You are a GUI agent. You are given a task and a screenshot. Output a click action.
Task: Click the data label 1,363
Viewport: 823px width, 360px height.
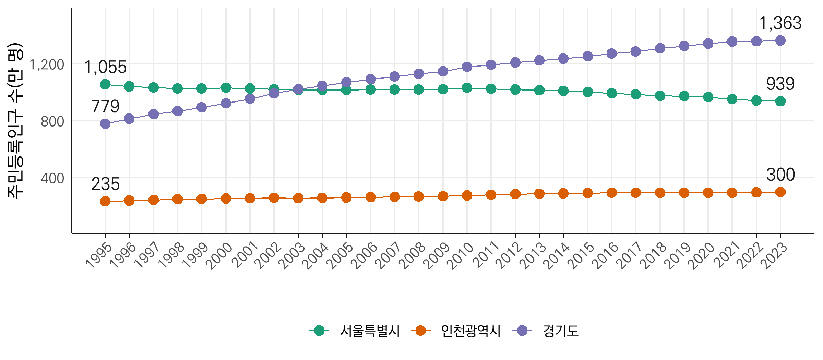pos(780,24)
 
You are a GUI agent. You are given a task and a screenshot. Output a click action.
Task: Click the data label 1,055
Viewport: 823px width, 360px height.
pos(105,67)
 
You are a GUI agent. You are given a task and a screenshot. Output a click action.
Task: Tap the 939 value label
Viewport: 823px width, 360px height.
pos(780,84)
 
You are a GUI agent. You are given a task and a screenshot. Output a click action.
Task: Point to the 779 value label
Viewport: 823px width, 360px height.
pos(105,106)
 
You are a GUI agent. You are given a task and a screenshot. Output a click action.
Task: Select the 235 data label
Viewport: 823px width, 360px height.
pos(105,184)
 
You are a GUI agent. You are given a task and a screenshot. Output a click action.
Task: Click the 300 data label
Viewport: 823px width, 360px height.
pos(780,175)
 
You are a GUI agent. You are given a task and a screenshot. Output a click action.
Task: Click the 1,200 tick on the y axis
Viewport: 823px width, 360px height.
pos(47,64)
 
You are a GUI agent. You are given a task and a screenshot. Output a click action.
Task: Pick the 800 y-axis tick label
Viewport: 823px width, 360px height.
pos(52,121)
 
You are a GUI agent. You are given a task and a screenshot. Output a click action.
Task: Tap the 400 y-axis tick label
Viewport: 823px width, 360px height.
pos(52,178)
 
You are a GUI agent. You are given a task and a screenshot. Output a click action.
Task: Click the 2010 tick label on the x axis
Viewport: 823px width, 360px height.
pos(462,255)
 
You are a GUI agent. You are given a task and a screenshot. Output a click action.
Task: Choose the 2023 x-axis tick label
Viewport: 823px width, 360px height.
pos(775,255)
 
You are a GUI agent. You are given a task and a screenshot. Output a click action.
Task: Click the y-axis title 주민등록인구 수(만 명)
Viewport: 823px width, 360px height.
pos(15,121)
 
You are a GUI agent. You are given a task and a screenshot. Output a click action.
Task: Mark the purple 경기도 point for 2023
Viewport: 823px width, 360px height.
pos(780,41)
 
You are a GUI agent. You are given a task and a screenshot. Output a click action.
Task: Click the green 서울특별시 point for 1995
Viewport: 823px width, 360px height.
pos(105,84)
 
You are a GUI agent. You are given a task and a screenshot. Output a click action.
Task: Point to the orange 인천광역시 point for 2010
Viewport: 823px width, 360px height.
pos(467,195)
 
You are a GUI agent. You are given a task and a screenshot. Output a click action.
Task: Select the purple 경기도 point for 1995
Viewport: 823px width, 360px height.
pos(105,124)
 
